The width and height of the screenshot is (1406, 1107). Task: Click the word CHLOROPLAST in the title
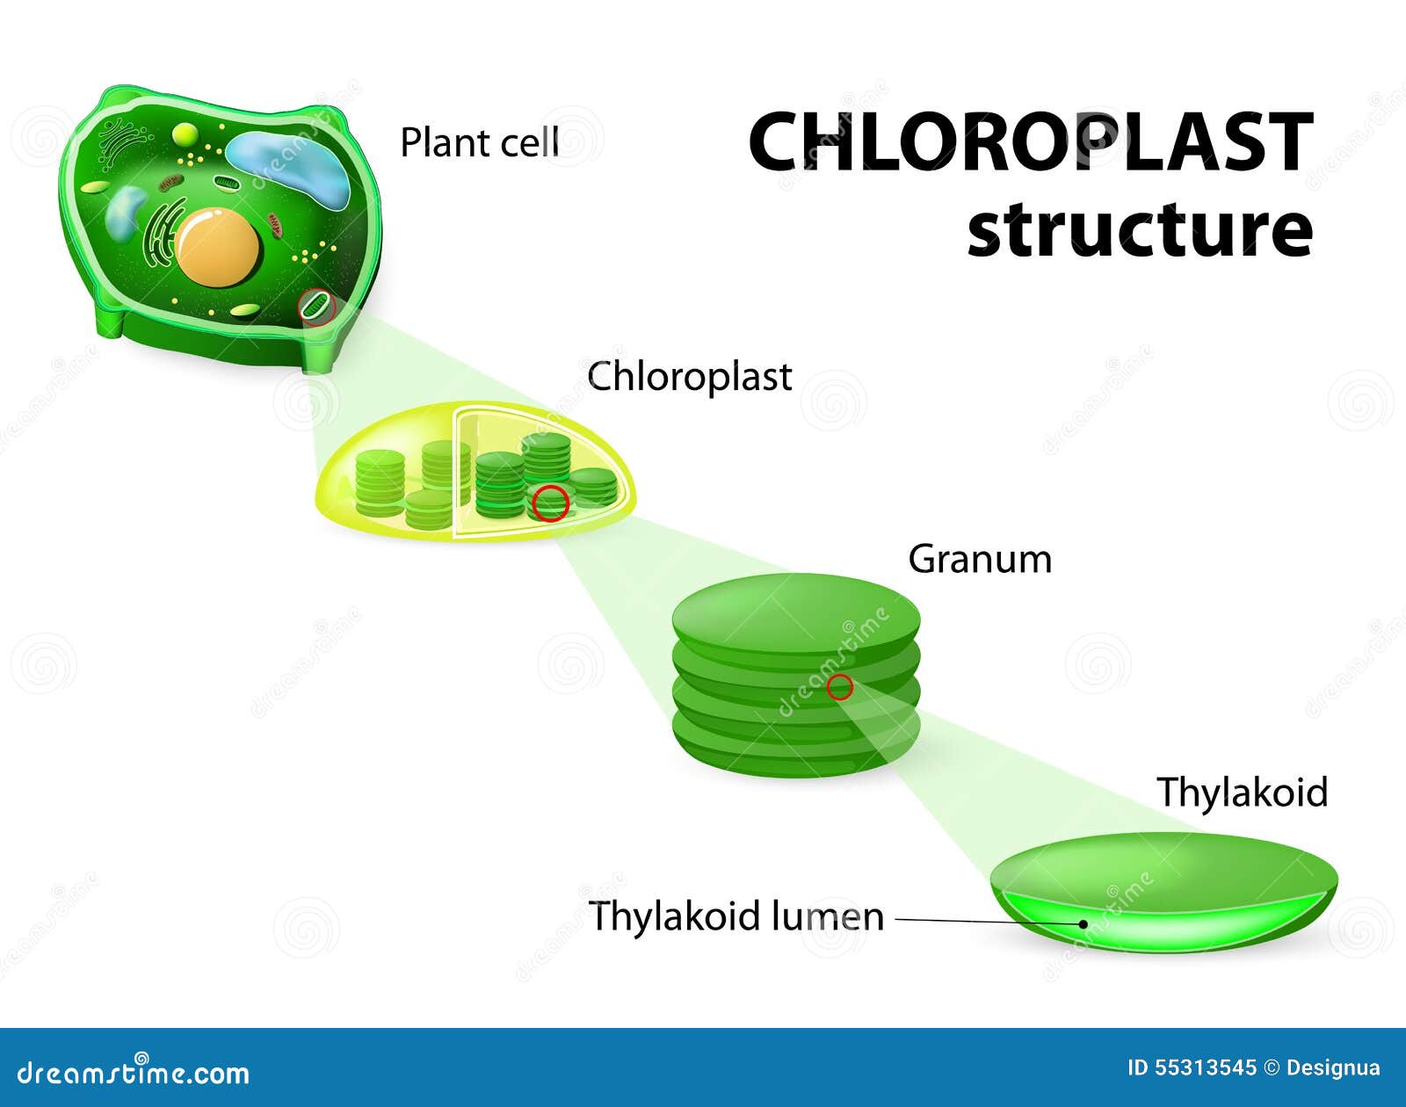pos(1030,142)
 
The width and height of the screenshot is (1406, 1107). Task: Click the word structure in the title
pos(1140,230)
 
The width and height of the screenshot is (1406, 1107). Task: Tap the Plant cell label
pos(479,142)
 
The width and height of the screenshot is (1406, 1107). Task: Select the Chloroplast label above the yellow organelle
pos(690,377)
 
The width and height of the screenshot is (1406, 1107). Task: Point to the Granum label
pos(980,560)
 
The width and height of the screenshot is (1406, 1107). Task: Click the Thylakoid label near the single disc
pos(1242,792)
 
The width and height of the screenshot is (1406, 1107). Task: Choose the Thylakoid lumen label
pos(736,916)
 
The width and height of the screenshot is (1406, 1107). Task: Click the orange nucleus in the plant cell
pos(217,245)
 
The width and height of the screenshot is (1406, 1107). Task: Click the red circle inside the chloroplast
pos(551,503)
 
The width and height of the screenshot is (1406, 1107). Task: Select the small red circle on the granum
pos(840,687)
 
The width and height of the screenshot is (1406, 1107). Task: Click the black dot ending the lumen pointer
pos(1083,923)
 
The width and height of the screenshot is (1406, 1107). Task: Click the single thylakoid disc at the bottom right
pos(1164,887)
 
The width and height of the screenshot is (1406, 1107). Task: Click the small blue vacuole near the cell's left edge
pos(125,213)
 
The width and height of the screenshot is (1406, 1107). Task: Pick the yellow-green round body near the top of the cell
pos(185,134)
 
